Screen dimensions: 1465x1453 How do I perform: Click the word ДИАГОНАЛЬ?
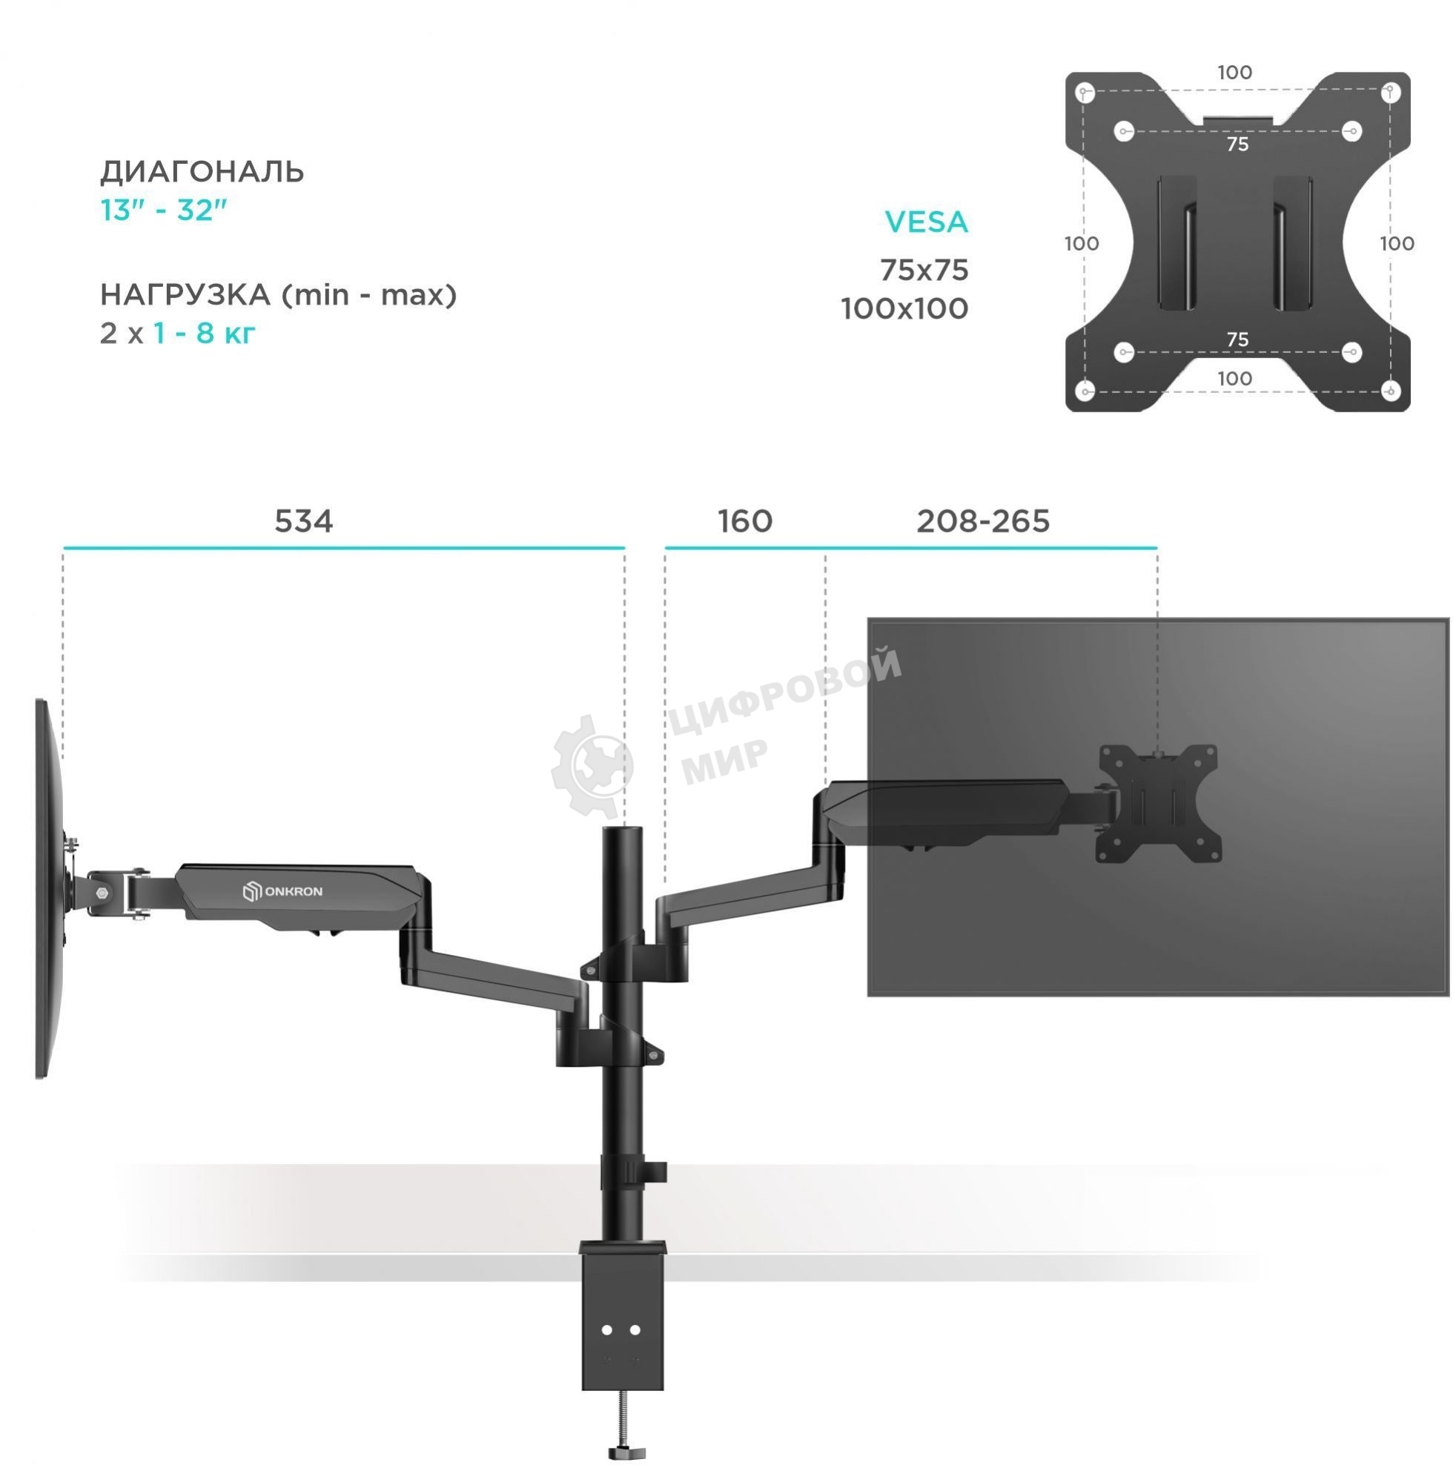[202, 172]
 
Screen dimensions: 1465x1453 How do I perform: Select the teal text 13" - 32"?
[164, 210]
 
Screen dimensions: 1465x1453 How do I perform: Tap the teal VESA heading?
[926, 222]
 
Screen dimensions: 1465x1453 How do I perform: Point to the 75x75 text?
[924, 270]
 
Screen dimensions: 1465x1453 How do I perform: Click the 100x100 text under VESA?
[904, 308]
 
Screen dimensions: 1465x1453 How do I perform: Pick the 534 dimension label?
[303, 521]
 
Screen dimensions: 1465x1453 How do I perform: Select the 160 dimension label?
[745, 521]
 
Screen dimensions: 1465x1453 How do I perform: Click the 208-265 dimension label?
[983, 521]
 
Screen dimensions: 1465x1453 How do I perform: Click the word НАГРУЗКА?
[185, 294]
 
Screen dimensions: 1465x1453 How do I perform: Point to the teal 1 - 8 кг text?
[205, 333]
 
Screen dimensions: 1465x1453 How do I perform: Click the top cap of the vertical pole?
[621, 832]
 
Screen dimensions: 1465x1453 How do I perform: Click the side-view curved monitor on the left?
[48, 887]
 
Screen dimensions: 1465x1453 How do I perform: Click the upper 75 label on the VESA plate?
[1237, 144]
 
